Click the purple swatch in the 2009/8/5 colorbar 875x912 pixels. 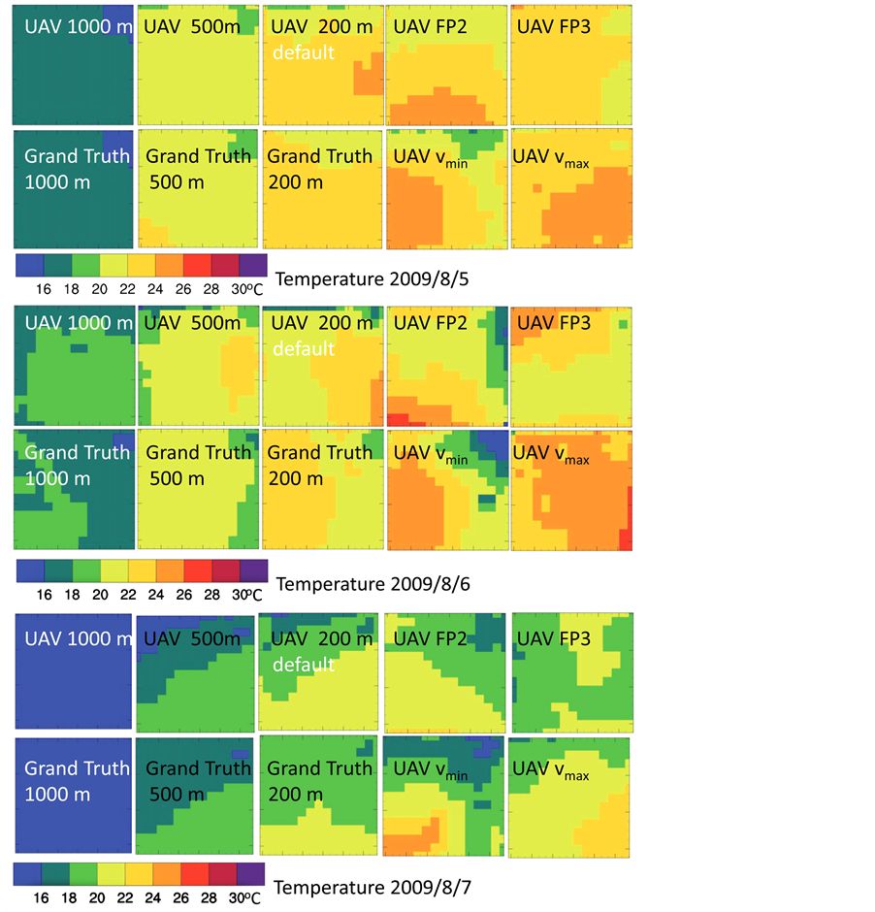252,265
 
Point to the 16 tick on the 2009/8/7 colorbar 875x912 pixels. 42,897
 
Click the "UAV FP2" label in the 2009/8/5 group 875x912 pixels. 430,26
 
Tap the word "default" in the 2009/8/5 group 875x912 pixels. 303,51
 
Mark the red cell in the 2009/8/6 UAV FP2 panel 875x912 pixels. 397,419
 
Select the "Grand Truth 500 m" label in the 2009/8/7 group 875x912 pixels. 198,781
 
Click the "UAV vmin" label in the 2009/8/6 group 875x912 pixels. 431,454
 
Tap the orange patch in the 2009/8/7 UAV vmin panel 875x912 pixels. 417,834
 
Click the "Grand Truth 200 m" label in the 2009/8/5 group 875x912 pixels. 319,168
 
